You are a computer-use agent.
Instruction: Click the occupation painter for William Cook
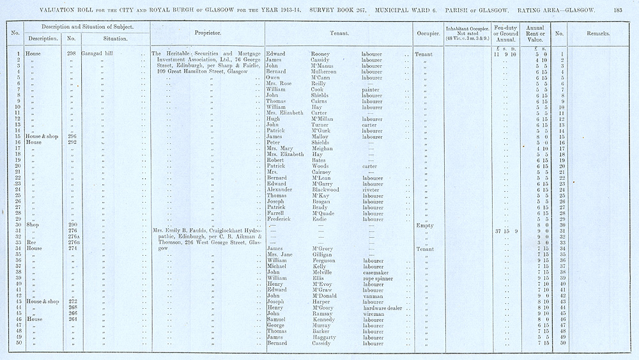point(371,90)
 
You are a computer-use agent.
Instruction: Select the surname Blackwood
point(327,189)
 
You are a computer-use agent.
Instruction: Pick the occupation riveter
point(371,189)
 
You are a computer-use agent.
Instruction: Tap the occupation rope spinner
point(379,278)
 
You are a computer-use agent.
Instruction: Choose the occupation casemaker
point(376,272)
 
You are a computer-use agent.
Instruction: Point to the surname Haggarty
point(325,338)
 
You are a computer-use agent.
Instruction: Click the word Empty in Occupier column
point(424,225)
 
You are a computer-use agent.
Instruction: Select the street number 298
point(72,54)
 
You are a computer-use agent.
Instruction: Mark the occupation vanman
point(373,296)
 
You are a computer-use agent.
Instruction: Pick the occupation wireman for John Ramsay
point(374,314)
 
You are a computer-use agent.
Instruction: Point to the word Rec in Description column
point(30,243)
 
